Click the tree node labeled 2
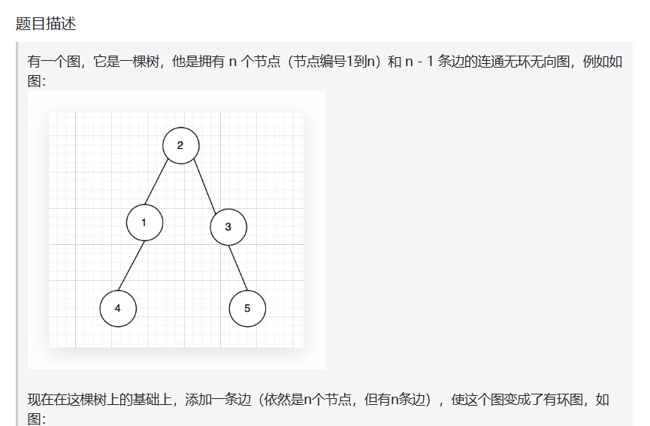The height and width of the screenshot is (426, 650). pyautogui.click(x=181, y=146)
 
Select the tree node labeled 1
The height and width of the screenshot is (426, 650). pyautogui.click(x=144, y=222)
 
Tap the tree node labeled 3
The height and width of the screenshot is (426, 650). pyautogui.click(x=228, y=227)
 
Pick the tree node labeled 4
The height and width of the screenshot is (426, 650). pyautogui.click(x=118, y=309)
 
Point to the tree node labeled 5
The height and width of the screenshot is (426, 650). pyautogui.click(x=247, y=309)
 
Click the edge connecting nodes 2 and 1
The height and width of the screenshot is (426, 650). pyautogui.click(x=162, y=184)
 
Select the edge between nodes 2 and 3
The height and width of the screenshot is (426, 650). pyautogui.click(x=204, y=186)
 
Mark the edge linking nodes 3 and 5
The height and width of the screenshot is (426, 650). pyautogui.click(x=237, y=267)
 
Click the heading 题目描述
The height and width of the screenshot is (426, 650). pyautogui.click(x=46, y=23)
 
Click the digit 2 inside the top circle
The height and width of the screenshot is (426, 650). pyautogui.click(x=180, y=146)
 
